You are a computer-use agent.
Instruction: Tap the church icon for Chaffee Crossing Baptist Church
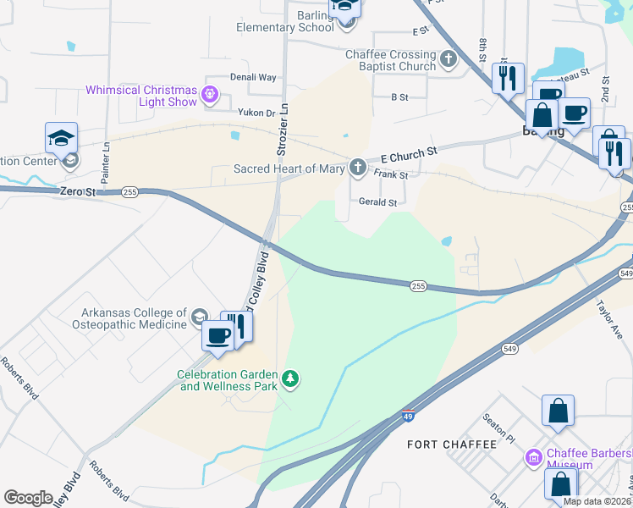point(449,59)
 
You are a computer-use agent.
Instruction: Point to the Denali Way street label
point(254,77)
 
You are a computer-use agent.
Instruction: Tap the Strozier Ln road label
point(283,130)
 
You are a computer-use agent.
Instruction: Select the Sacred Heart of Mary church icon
point(359,168)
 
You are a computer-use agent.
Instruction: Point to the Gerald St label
point(377,202)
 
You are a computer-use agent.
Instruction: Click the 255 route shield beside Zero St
point(129,192)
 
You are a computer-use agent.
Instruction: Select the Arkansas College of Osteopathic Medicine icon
point(200,317)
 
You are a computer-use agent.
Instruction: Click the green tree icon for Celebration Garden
point(291,378)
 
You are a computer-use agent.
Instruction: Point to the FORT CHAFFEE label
point(441,444)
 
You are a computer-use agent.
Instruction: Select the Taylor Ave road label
point(608,317)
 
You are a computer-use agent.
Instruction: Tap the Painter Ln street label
point(106,163)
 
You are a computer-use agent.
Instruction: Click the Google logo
point(28,498)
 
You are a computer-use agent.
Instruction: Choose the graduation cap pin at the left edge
point(62,138)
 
